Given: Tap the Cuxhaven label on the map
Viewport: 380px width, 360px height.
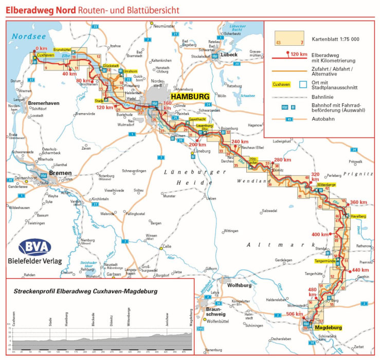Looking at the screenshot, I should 45,55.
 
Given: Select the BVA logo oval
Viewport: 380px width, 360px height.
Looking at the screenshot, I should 34,247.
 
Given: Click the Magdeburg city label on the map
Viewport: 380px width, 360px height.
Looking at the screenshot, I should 328,328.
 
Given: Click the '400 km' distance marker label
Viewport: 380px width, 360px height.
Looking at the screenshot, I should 320,235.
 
